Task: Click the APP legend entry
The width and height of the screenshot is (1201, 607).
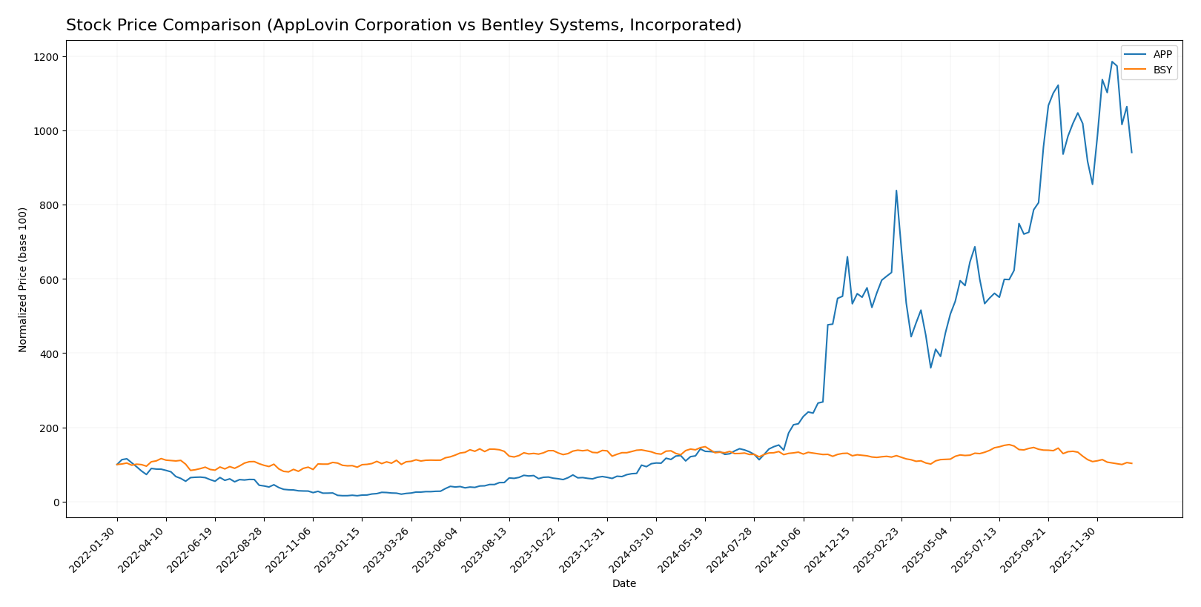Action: pyautogui.click(x=1162, y=54)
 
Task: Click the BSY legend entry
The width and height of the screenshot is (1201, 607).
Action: pyautogui.click(x=1162, y=70)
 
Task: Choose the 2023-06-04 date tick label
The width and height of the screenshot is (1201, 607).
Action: pyautogui.click(x=437, y=549)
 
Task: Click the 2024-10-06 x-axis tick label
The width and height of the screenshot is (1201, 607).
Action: pyautogui.click(x=781, y=549)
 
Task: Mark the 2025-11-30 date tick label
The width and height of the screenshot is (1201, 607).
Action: pyautogui.click(x=1075, y=549)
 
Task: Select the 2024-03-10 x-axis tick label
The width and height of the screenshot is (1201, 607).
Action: pyautogui.click(x=634, y=549)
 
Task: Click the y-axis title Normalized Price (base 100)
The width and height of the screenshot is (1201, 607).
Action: pyautogui.click(x=23, y=279)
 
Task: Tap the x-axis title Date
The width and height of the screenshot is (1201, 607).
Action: pyautogui.click(x=623, y=584)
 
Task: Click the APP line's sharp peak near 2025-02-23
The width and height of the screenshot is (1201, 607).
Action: pyautogui.click(x=896, y=190)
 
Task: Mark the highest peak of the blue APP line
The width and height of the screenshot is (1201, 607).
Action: pyautogui.click(x=1112, y=62)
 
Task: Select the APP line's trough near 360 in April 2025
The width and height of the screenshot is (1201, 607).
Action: pyautogui.click(x=930, y=368)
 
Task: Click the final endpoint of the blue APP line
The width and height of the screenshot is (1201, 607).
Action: pyautogui.click(x=1131, y=153)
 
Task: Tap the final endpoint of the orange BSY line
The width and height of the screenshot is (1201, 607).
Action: pyautogui.click(x=1131, y=463)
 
